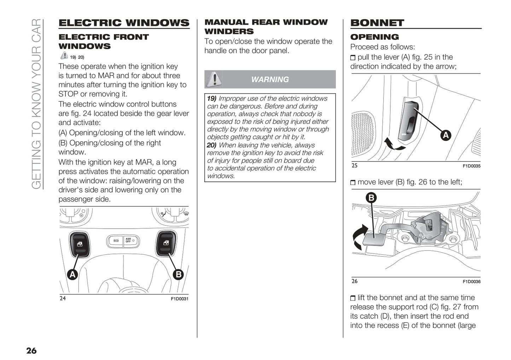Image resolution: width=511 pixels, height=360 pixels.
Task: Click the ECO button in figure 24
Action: point(116,241)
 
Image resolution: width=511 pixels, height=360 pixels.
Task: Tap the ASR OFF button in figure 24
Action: point(130,241)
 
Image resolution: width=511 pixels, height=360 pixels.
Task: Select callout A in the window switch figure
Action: point(72,274)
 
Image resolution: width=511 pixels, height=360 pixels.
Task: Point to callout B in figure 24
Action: point(178,274)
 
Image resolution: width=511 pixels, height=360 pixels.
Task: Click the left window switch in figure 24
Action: point(80,244)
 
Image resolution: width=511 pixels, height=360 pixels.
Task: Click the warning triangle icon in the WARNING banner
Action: point(214,79)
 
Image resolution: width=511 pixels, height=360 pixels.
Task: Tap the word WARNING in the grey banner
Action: point(270,79)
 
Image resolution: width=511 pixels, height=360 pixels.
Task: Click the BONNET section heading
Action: point(377,23)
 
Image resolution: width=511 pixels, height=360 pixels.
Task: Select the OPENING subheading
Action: point(374,37)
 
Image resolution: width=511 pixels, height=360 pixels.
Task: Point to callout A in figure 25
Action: point(446,135)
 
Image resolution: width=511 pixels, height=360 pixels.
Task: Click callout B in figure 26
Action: point(371,197)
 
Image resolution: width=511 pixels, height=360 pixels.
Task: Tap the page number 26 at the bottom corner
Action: point(31,350)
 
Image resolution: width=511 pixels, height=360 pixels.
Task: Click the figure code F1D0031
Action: point(180,299)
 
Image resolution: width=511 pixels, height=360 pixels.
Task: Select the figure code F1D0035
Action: point(471,166)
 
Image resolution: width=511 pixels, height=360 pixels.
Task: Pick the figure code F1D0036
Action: point(471,282)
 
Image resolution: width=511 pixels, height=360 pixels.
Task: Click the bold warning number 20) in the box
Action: point(211,145)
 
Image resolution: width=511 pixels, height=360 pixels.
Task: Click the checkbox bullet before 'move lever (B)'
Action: point(353,183)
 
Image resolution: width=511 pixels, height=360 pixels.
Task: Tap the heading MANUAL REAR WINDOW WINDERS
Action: point(266,27)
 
